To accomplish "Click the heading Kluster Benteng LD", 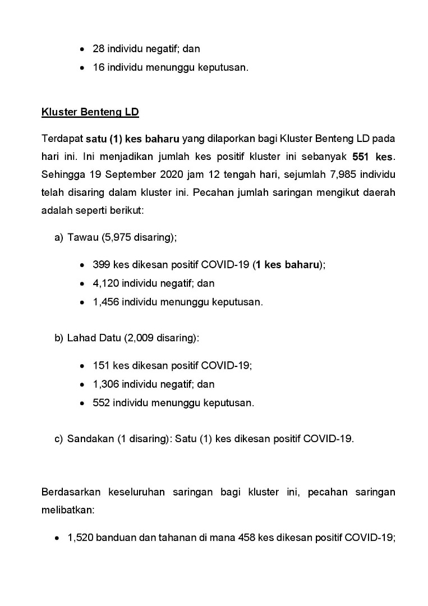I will [x=90, y=112].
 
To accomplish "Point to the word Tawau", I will [x=82, y=237].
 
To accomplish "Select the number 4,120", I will [x=105, y=283].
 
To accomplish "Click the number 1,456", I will [x=105, y=302].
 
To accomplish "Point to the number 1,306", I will [x=105, y=384].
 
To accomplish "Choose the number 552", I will [x=102, y=403].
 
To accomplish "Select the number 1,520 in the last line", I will [x=80, y=537].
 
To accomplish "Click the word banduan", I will [x=114, y=537].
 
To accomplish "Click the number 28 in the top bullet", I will [x=99, y=49].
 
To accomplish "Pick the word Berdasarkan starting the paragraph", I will [x=71, y=493].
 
